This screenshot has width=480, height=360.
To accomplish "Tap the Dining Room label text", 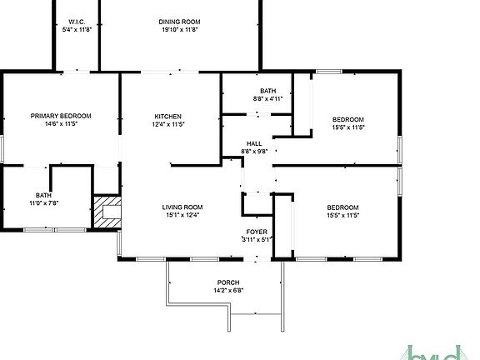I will pyautogui.click(x=179, y=22).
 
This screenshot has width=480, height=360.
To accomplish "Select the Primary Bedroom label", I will pyautogui.click(x=61, y=116).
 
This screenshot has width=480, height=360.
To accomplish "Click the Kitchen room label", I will pyautogui.click(x=168, y=116).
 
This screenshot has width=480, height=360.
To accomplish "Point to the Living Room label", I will pyautogui.click(x=181, y=207).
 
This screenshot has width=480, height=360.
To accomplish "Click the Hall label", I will pyautogui.click(x=253, y=143).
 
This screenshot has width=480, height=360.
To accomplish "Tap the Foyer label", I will pyautogui.click(x=256, y=231).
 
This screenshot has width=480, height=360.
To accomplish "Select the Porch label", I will pyautogui.click(x=228, y=282).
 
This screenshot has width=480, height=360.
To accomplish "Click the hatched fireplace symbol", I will pyautogui.click(x=106, y=212).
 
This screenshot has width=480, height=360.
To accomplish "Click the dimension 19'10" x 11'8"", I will pyautogui.click(x=179, y=30).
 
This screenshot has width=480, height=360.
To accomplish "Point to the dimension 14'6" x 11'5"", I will pyautogui.click(x=61, y=124).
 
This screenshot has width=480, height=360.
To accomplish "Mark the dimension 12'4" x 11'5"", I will pyautogui.click(x=168, y=124).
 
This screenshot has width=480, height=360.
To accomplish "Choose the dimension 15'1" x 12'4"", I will pyautogui.click(x=181, y=215).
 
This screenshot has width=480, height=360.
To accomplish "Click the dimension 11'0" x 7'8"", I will pyautogui.click(x=43, y=202).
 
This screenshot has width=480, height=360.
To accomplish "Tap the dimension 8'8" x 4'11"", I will pyautogui.click(x=267, y=98).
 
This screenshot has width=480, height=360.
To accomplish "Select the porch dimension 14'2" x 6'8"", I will pyautogui.click(x=228, y=291).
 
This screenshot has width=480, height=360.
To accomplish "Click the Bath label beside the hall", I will pyautogui.click(x=267, y=90).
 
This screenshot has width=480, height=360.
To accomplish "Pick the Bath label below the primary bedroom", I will pyautogui.click(x=43, y=194).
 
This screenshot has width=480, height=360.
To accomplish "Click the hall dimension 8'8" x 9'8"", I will pyautogui.click(x=253, y=152).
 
